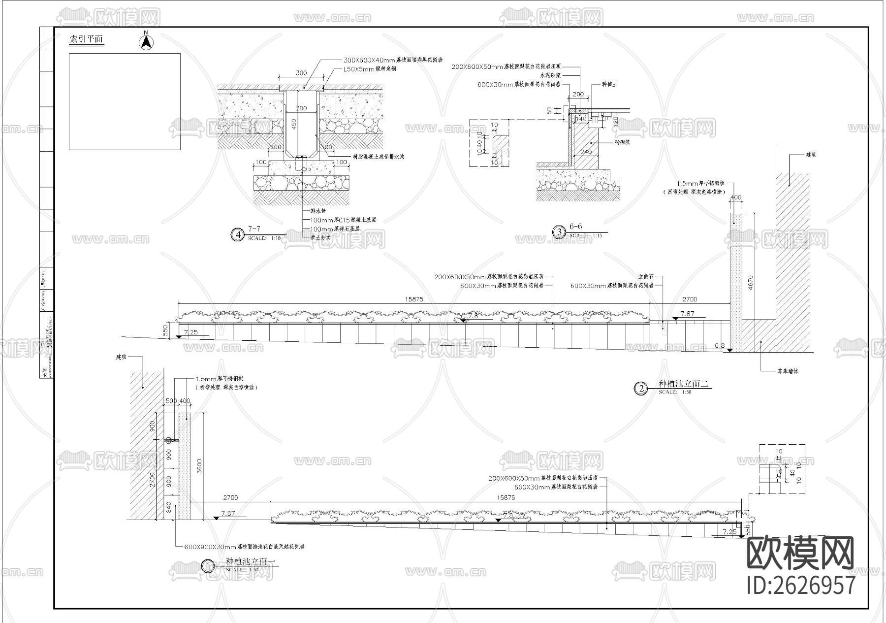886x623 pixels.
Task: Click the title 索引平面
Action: coord(87,40)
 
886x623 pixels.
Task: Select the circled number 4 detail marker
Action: coord(238,235)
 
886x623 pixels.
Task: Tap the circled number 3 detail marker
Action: coord(559,231)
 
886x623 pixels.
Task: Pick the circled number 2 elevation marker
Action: coord(641,389)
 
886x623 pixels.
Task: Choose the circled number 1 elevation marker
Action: coord(208,566)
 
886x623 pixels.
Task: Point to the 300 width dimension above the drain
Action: coord(301,73)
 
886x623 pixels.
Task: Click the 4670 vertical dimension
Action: coord(750,282)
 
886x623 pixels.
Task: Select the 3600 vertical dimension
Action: coord(199,465)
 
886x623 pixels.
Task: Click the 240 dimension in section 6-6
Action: coord(586,152)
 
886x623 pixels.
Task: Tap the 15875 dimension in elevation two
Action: coord(414,299)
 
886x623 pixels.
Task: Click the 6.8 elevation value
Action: coord(719,346)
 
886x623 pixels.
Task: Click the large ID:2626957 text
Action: coord(801,586)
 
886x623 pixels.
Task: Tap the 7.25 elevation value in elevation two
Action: coord(190,332)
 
